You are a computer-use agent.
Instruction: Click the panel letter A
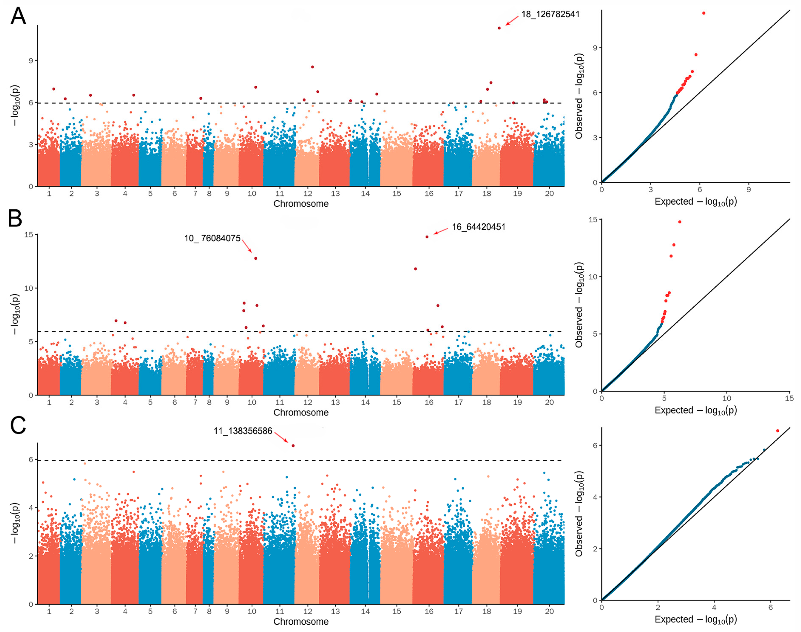18,17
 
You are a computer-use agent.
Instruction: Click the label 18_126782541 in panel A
550,14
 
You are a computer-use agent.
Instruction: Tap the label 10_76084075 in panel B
212,238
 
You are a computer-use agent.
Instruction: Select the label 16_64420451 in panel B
478,227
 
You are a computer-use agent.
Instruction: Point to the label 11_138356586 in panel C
243,431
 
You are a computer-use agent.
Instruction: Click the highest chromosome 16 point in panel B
427,237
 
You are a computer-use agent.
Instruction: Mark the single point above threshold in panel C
293,446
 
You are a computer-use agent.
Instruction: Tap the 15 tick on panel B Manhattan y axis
28,235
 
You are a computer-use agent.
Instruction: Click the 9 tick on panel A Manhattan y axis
31,60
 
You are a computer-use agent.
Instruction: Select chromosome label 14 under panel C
365,611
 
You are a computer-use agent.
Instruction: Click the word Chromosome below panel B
301,412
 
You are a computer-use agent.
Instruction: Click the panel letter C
18,426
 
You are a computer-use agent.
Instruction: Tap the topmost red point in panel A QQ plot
703,13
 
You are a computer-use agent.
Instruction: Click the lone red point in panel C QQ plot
777,431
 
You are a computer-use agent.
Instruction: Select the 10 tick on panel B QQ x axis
727,398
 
